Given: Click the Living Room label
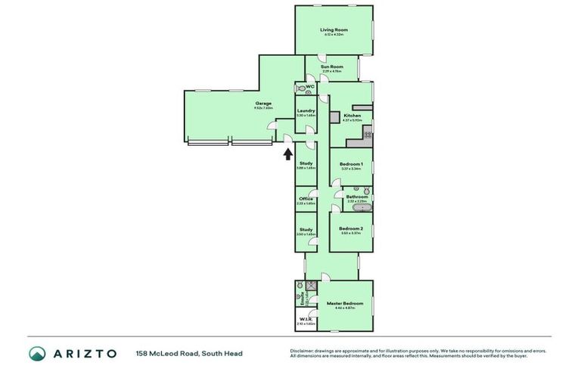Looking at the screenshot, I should pyautogui.click(x=333, y=29).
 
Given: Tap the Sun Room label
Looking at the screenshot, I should pyautogui.click(x=331, y=67).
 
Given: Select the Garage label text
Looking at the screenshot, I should pyautogui.click(x=263, y=103).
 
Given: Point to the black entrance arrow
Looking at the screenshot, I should pyautogui.click(x=287, y=155).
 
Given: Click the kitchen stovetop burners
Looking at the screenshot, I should pyautogui.click(x=367, y=135).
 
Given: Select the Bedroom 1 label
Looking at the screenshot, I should pyautogui.click(x=351, y=164).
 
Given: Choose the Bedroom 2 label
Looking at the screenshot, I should pyautogui.click(x=351, y=228).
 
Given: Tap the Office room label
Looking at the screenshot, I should pyautogui.click(x=305, y=199).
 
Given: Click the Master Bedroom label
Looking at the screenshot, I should pyautogui.click(x=345, y=303).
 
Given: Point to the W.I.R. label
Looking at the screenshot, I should pyautogui.click(x=305, y=319).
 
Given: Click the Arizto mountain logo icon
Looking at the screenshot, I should pyautogui.click(x=37, y=353).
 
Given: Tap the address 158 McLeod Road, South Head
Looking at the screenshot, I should pyautogui.click(x=189, y=353).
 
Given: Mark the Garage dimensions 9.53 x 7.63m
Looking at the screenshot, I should pyautogui.click(x=263, y=108).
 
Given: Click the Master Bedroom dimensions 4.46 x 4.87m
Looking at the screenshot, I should pyautogui.click(x=345, y=308).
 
